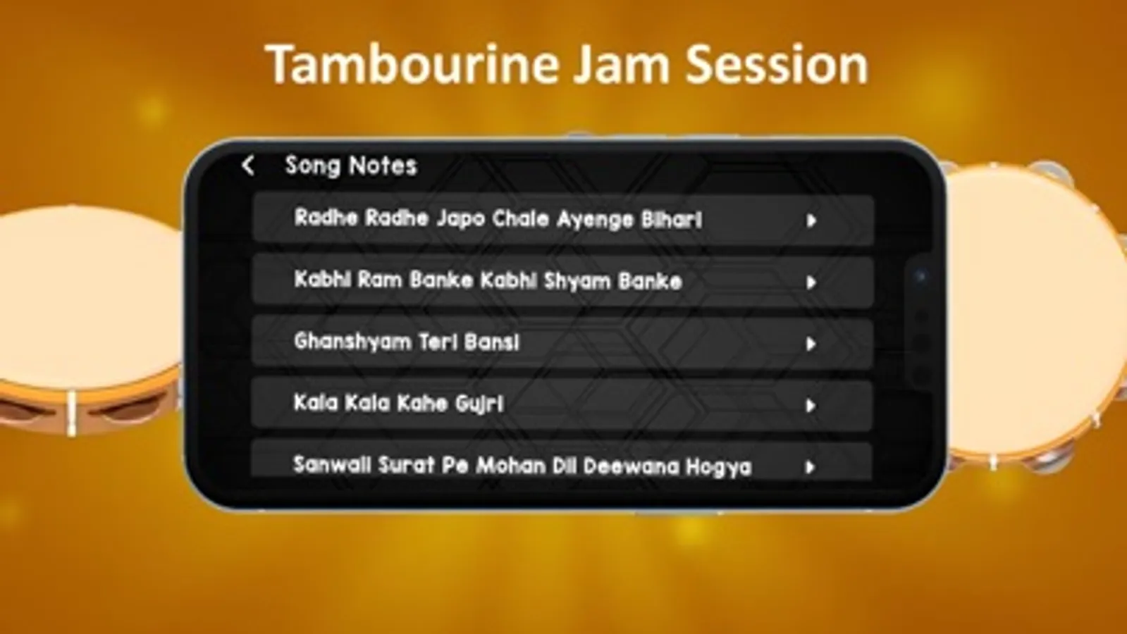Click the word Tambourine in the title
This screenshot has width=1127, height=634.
tap(412, 65)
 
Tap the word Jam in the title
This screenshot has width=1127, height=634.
tap(622, 65)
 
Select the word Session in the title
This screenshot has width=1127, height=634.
tap(777, 65)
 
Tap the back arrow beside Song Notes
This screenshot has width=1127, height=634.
tap(248, 166)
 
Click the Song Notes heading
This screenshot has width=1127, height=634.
tap(351, 166)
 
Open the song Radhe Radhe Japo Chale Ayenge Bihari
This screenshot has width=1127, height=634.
tap(498, 218)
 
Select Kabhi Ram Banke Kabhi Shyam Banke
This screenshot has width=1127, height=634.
tap(488, 280)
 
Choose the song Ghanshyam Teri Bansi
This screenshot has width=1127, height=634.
tap(407, 342)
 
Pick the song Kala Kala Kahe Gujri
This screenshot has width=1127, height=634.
tap(398, 403)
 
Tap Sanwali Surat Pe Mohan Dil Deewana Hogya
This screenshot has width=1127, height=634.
tap(523, 466)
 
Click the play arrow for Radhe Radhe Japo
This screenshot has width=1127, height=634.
tap(811, 220)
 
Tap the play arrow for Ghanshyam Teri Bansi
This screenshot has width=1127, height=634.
tap(811, 344)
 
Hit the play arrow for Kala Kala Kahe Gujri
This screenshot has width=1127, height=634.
tap(810, 405)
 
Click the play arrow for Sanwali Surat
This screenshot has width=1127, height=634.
tap(810, 467)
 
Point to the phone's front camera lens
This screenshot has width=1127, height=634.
tap(920, 276)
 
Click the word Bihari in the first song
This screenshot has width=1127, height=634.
tap(672, 219)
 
